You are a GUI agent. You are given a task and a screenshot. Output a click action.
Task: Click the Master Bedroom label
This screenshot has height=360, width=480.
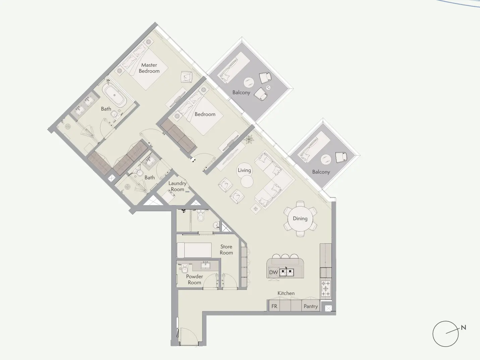(x=149, y=68)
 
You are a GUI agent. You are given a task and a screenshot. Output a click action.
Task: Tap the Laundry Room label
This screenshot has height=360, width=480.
(x=177, y=186)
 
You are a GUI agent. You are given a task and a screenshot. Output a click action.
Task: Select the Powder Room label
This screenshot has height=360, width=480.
(x=194, y=280)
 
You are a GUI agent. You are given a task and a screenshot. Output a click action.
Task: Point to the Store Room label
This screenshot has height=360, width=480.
(x=226, y=250)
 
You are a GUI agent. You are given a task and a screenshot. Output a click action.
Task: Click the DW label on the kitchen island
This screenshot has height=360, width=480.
(x=274, y=272)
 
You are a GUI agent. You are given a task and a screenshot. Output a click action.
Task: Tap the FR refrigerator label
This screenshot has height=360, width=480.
(x=274, y=306)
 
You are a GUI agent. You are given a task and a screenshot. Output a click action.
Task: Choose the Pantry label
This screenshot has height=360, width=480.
(x=311, y=306)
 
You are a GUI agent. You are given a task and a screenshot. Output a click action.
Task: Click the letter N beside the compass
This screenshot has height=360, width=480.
(x=464, y=327)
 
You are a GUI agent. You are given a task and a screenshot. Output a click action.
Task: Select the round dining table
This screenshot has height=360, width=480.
(x=300, y=219)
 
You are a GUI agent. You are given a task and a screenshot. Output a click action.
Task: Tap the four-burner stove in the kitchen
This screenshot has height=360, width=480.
(x=326, y=288)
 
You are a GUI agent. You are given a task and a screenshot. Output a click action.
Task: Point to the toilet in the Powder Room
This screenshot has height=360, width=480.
(x=184, y=269)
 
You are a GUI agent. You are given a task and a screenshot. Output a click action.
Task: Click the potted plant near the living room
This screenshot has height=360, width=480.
(x=249, y=139)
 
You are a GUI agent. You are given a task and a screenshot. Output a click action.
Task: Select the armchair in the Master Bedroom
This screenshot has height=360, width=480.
(x=187, y=77)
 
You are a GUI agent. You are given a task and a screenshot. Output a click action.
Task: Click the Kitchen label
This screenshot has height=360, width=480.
(x=286, y=293)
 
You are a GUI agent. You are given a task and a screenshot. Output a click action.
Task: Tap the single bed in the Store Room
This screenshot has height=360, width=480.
(x=194, y=250)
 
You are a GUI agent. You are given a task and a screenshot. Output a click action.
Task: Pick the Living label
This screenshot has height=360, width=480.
(x=244, y=170)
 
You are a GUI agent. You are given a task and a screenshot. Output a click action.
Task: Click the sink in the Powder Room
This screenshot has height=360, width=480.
(x=205, y=265)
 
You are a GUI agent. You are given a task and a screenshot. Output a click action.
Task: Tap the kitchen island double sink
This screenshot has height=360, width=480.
(x=287, y=272)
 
